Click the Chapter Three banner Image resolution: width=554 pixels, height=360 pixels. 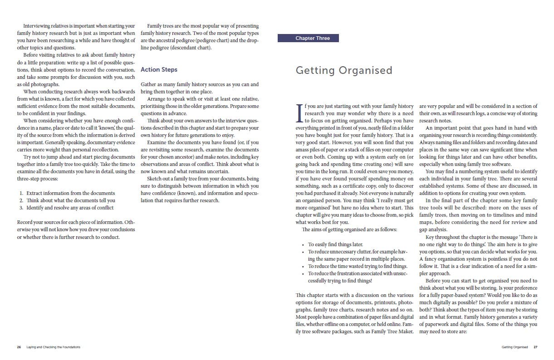pyautogui.click(x=313, y=39)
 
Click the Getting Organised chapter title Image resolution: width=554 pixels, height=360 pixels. pyautogui.click(x=343, y=70)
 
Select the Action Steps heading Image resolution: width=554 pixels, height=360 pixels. pyautogui.click(x=159, y=69)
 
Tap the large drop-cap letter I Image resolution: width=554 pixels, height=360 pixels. pyautogui.click(x=299, y=113)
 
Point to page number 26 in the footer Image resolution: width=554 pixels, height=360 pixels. pyautogui.click(x=19, y=347)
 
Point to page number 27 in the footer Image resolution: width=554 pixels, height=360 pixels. pyautogui.click(x=535, y=347)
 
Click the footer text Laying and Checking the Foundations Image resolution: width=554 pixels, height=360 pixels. pyautogui.click(x=54, y=347)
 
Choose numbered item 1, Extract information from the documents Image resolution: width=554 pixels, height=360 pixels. pyautogui.click(x=70, y=193)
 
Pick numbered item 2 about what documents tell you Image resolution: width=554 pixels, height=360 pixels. pyautogui.click(x=70, y=200)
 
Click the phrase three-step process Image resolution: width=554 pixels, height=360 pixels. pyautogui.click(x=36, y=179)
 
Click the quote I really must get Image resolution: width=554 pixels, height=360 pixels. pyautogui.click(x=390, y=200)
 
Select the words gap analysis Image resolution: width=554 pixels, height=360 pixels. pyautogui.click(x=433, y=229)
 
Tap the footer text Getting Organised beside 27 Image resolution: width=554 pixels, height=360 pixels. pyautogui.click(x=515, y=347)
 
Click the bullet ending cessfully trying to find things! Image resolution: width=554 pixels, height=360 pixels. pyautogui.click(x=340, y=281)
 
